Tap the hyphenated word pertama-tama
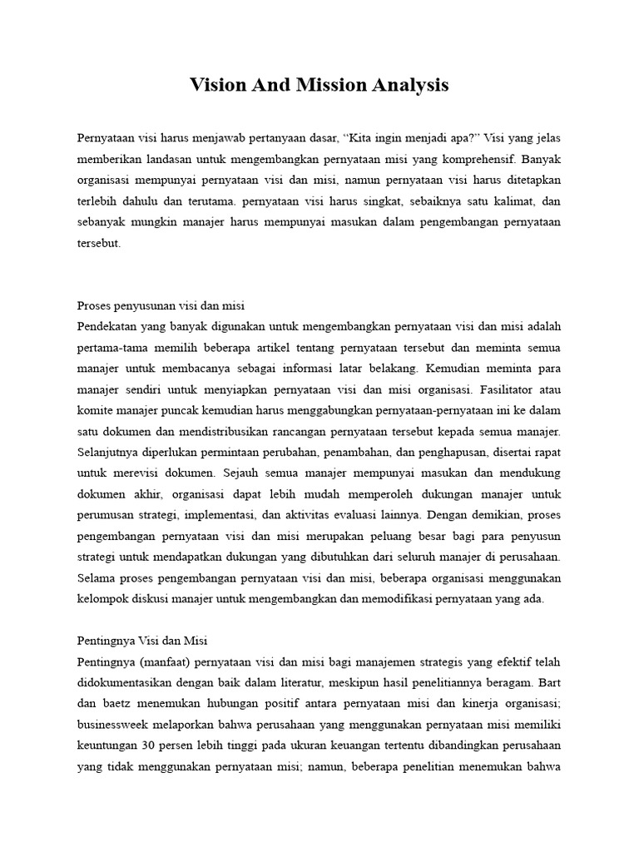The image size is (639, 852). (x=113, y=348)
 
